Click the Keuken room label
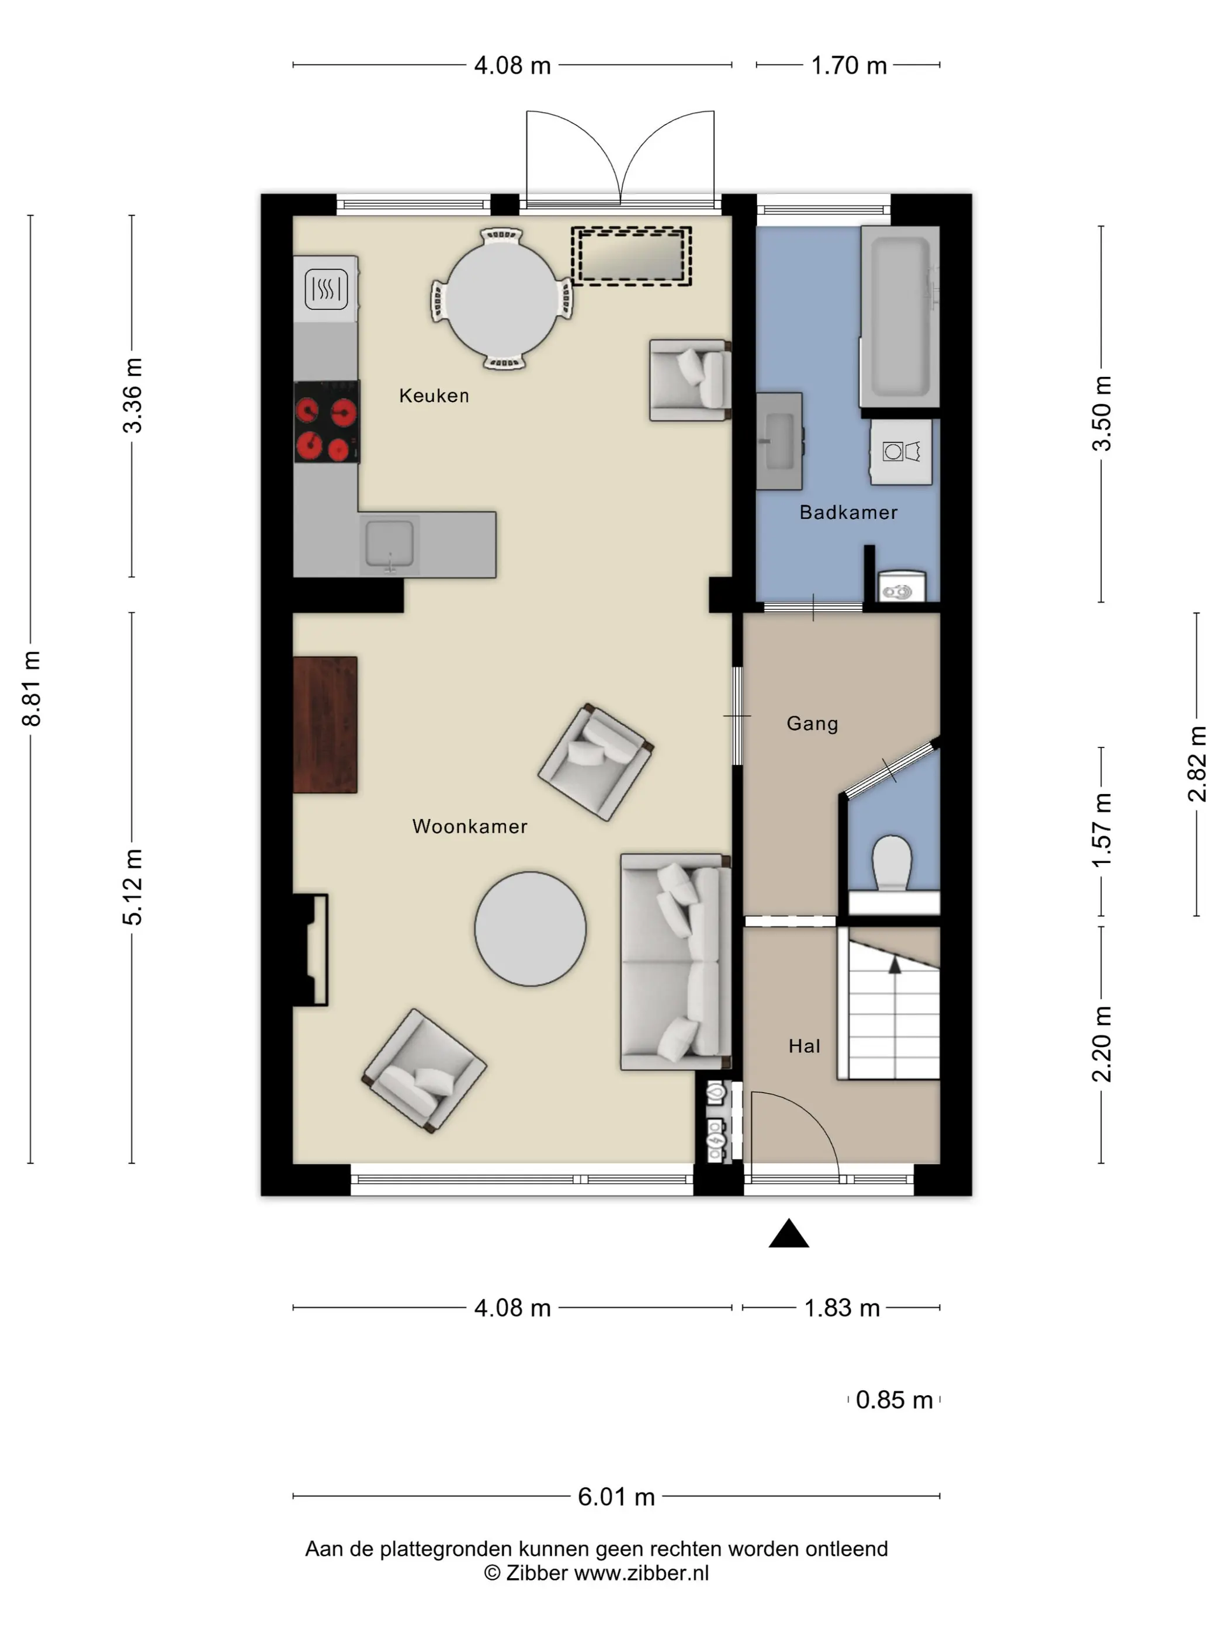pos(434,396)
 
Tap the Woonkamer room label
pos(470,826)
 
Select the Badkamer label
pos(848,512)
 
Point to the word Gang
pos(812,723)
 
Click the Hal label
pos(804,1046)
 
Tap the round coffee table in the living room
pos(531,928)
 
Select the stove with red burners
pos(327,422)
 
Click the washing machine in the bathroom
pos(901,451)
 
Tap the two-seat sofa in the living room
pos(676,962)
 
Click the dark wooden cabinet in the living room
pos(325,725)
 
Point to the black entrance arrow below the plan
pos(788,1233)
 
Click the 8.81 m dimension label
pos(31,688)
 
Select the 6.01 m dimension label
pos(616,1496)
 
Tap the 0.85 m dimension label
pos(893,1400)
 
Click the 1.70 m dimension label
pos(848,66)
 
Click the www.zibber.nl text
pos(641,1573)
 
